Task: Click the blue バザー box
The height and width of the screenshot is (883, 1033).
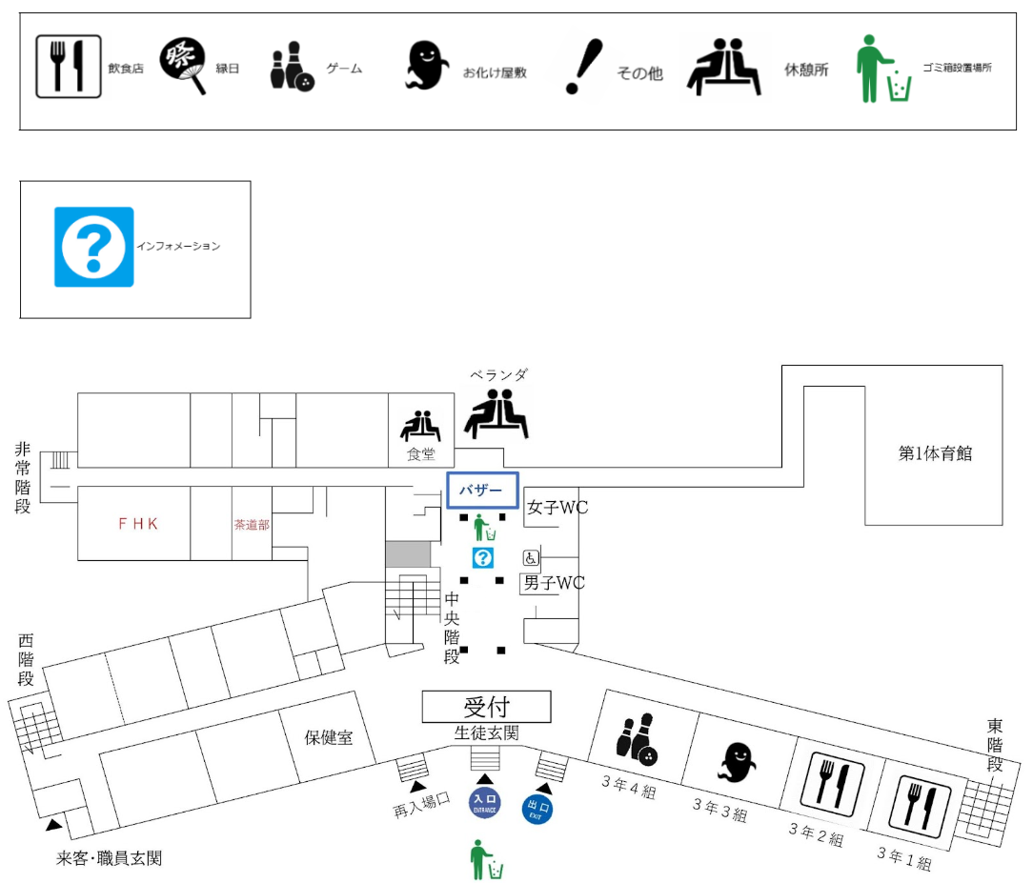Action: (x=482, y=491)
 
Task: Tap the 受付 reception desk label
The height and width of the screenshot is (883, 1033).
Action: (x=487, y=707)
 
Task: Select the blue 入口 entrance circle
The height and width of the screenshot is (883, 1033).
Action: (x=484, y=802)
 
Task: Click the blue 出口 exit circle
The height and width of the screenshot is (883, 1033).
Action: (x=537, y=811)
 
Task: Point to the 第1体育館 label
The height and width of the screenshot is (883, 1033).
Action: (x=935, y=453)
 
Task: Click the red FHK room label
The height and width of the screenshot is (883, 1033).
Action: (x=137, y=523)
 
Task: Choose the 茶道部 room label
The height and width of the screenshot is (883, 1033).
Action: (x=252, y=524)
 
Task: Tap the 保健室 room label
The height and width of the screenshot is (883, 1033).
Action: (x=329, y=737)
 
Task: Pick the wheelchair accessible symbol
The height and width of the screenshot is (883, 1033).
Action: (x=530, y=558)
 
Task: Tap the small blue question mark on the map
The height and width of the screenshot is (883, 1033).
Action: (x=484, y=558)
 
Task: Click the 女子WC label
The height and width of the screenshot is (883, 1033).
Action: (x=558, y=508)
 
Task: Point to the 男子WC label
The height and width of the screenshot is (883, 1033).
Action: (x=554, y=583)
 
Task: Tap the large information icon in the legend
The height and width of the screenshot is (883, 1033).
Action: (x=93, y=247)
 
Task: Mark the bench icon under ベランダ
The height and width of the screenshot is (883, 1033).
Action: (x=496, y=413)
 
